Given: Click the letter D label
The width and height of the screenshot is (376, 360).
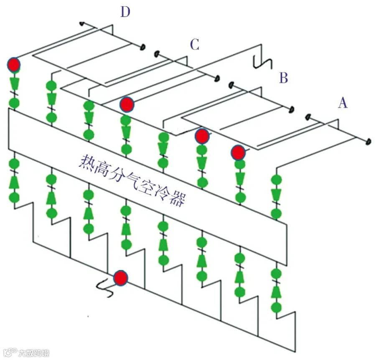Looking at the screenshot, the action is (125, 12).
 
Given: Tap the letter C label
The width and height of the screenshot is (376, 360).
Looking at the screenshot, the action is (194, 44).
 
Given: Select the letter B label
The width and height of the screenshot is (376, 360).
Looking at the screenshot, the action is (284, 78).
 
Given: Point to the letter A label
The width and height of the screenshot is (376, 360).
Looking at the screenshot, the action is (343, 103).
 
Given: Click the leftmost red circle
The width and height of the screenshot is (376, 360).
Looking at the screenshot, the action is (14, 65).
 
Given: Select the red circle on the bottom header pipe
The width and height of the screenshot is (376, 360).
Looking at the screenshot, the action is (120, 278).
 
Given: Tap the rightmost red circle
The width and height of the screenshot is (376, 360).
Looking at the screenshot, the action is (238, 152).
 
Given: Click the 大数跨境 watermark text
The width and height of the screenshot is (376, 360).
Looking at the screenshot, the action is (33, 353).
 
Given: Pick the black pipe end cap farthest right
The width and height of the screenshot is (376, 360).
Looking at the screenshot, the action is (368, 141).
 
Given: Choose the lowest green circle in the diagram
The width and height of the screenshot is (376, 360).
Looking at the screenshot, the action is (276, 307).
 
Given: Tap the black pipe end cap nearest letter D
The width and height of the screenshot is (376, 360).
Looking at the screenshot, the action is (143, 47).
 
